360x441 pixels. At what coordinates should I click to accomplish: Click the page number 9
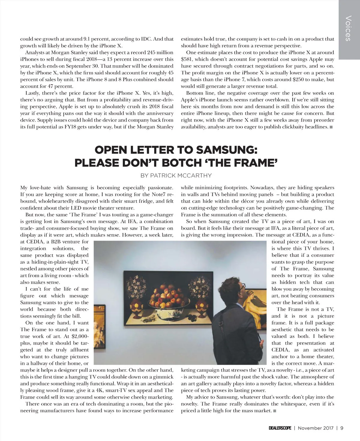pos(342,428)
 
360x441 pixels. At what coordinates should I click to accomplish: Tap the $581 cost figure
pos(187,59)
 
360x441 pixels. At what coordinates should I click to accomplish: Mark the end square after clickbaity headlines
pos(331,127)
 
